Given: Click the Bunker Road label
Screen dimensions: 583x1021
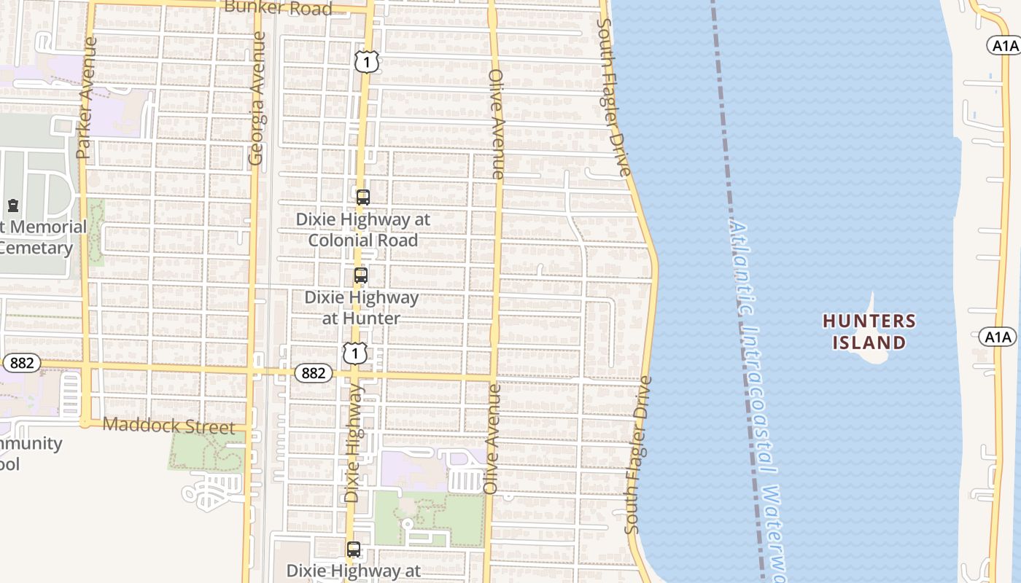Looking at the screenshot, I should click(279, 8).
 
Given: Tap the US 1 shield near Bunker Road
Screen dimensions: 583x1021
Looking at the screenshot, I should click(367, 62).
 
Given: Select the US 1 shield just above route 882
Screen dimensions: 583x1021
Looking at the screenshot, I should click(354, 353).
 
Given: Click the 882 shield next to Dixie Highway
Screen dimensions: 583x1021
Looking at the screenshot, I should click(314, 373).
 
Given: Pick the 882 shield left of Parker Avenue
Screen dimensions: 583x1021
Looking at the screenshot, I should click(21, 363).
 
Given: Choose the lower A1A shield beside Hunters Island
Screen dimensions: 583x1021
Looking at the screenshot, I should click(997, 337).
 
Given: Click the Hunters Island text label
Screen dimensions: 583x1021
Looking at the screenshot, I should click(869, 332).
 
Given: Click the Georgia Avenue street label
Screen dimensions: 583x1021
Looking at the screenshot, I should click(256, 98).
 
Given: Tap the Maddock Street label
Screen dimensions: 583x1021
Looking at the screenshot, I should click(169, 425).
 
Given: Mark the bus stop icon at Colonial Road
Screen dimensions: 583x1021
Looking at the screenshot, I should click(363, 197).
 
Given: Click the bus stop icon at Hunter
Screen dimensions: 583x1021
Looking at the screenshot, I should click(361, 275).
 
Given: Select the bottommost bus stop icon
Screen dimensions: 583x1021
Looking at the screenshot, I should click(354, 549).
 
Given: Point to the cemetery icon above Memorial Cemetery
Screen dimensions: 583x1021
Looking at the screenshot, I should click(13, 206).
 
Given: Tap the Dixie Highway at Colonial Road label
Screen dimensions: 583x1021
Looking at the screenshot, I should click(362, 230).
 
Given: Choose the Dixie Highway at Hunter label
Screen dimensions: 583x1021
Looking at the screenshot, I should click(362, 308).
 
